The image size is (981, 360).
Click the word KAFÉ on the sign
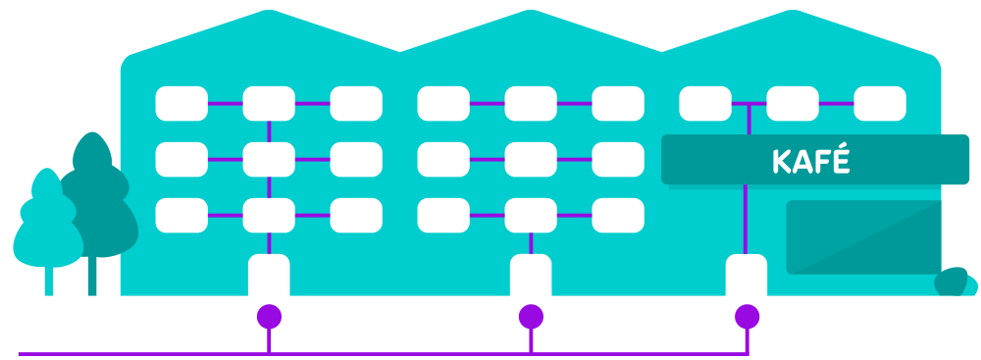click(810, 161)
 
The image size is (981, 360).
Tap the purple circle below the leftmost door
click(269, 316)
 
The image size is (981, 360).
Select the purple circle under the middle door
click(531, 316)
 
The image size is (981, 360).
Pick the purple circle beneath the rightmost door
click(748, 316)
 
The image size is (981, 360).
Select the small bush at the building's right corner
click(955, 283)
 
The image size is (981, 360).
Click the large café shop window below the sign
click(863, 236)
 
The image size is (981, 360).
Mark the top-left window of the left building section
click(181, 102)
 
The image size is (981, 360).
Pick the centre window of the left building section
click(269, 158)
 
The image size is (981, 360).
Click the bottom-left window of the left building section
click(181, 215)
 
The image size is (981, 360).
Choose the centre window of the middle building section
click(531, 158)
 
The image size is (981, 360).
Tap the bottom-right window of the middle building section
click(618, 215)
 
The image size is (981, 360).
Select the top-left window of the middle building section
click(443, 102)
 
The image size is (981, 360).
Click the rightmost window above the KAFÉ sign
click(880, 102)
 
